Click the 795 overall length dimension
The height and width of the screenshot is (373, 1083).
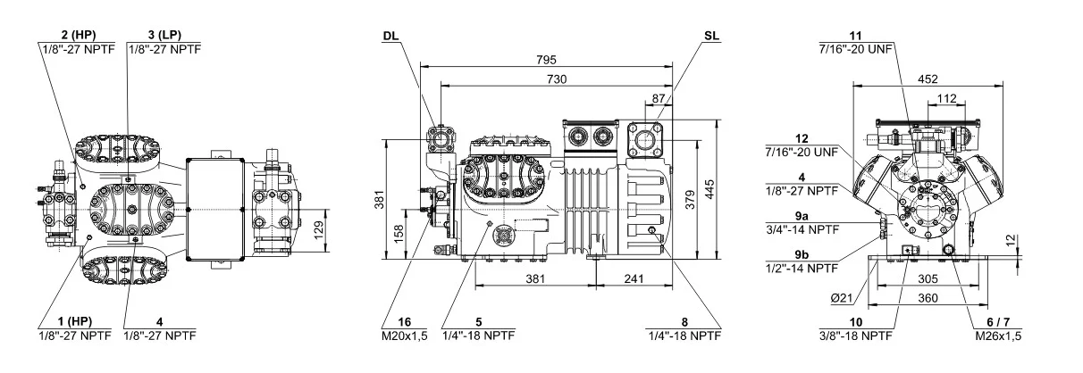pos(546,60)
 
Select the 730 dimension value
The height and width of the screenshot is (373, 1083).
pos(557,79)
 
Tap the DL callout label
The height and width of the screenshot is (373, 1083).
pos(391,36)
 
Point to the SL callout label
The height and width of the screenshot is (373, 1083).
pos(711,36)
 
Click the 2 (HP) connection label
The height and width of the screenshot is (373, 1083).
pos(79,35)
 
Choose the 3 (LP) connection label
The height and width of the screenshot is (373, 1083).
pos(164,35)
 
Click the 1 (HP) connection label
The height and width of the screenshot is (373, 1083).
pos(74,321)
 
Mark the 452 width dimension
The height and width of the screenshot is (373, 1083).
pos(928,79)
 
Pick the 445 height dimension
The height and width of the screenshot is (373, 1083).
pos(709,189)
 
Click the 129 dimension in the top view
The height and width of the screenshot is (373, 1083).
pos(318,230)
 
